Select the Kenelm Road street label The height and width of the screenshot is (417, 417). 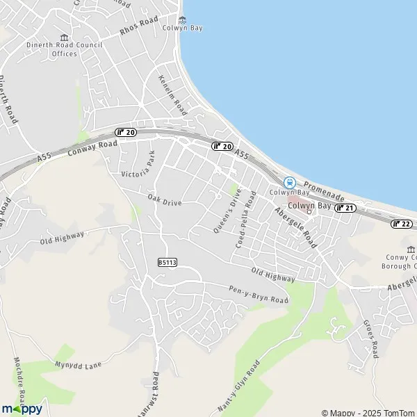[173, 95]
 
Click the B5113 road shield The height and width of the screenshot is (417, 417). [167, 262]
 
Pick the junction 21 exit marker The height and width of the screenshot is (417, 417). [345, 208]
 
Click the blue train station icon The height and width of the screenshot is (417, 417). [289, 183]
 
